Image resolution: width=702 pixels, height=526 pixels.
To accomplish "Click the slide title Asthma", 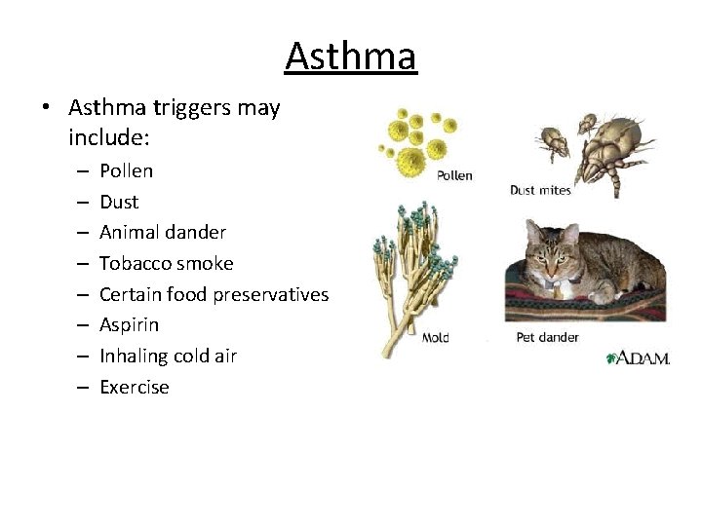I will coord(351,56).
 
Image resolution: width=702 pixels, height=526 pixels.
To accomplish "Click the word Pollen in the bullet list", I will coord(126,171).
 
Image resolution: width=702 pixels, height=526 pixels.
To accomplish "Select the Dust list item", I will coord(119,203).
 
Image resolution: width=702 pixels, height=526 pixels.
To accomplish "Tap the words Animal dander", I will coord(163,233).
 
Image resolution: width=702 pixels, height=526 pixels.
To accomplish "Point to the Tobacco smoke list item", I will coord(166,263).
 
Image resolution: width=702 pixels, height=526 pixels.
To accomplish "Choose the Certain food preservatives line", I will coord(214,294).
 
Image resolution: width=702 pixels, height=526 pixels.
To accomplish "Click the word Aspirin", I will coord(129,324).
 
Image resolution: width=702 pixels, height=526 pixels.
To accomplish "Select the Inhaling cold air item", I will coord(168,356).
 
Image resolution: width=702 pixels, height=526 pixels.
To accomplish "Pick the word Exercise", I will coord(134,387).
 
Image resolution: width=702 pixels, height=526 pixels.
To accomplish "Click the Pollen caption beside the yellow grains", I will coord(454,175).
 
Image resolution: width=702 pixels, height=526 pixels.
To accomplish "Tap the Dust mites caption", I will coord(540,191).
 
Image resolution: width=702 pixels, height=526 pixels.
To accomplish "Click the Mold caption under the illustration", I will coord(436,338).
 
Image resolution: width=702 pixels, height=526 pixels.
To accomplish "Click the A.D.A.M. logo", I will coord(638,357).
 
